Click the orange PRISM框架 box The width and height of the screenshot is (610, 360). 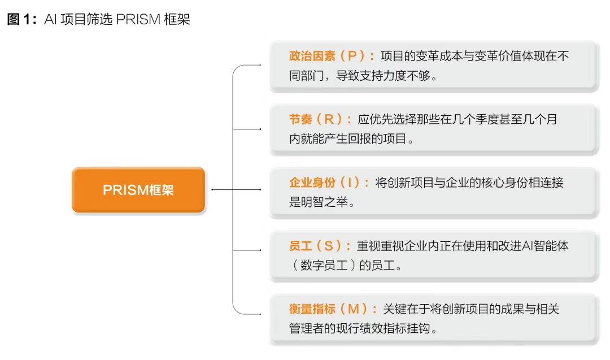click(138, 189)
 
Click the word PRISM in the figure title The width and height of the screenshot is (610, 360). click(138, 19)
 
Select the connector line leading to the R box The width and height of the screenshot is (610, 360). click(247, 129)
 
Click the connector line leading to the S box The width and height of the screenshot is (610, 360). click(247, 250)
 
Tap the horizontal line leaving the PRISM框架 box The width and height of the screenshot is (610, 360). click(236, 189)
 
